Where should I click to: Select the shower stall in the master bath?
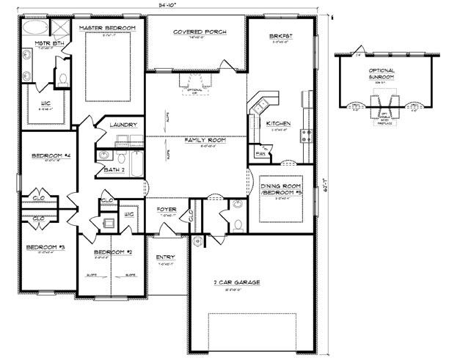[x=62, y=28]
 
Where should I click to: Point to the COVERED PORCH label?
[x=199, y=32]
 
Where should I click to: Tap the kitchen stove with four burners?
[x=304, y=135]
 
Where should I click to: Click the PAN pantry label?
[x=260, y=153]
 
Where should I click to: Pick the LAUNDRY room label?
[x=123, y=125]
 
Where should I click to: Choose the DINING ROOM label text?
[x=282, y=187]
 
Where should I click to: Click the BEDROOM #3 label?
[x=45, y=248]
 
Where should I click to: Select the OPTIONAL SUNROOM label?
[x=381, y=73]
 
